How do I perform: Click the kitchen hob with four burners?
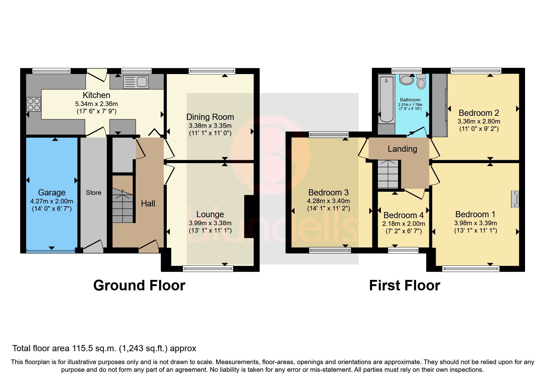pyautogui.click(x=34, y=104)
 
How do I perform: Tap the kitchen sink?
pyautogui.click(x=136, y=82)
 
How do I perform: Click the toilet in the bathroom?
pyautogui.click(x=421, y=81)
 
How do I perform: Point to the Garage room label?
pyautogui.click(x=52, y=192)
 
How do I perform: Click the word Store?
pyautogui.click(x=94, y=193)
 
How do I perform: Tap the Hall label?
pyautogui.click(x=148, y=203)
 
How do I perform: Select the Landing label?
pyautogui.click(x=402, y=149)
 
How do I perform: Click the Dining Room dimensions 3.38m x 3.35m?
pyautogui.click(x=210, y=125)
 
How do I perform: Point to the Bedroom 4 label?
pyautogui.click(x=403, y=215)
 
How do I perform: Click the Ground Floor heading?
pyautogui.click(x=139, y=285)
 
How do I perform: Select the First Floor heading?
pyautogui.click(x=404, y=285)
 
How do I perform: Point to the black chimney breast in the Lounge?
pyautogui.click(x=249, y=216)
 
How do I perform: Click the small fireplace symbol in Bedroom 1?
pyautogui.click(x=515, y=199)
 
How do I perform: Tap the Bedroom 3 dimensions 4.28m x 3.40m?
pyautogui.click(x=328, y=201)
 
